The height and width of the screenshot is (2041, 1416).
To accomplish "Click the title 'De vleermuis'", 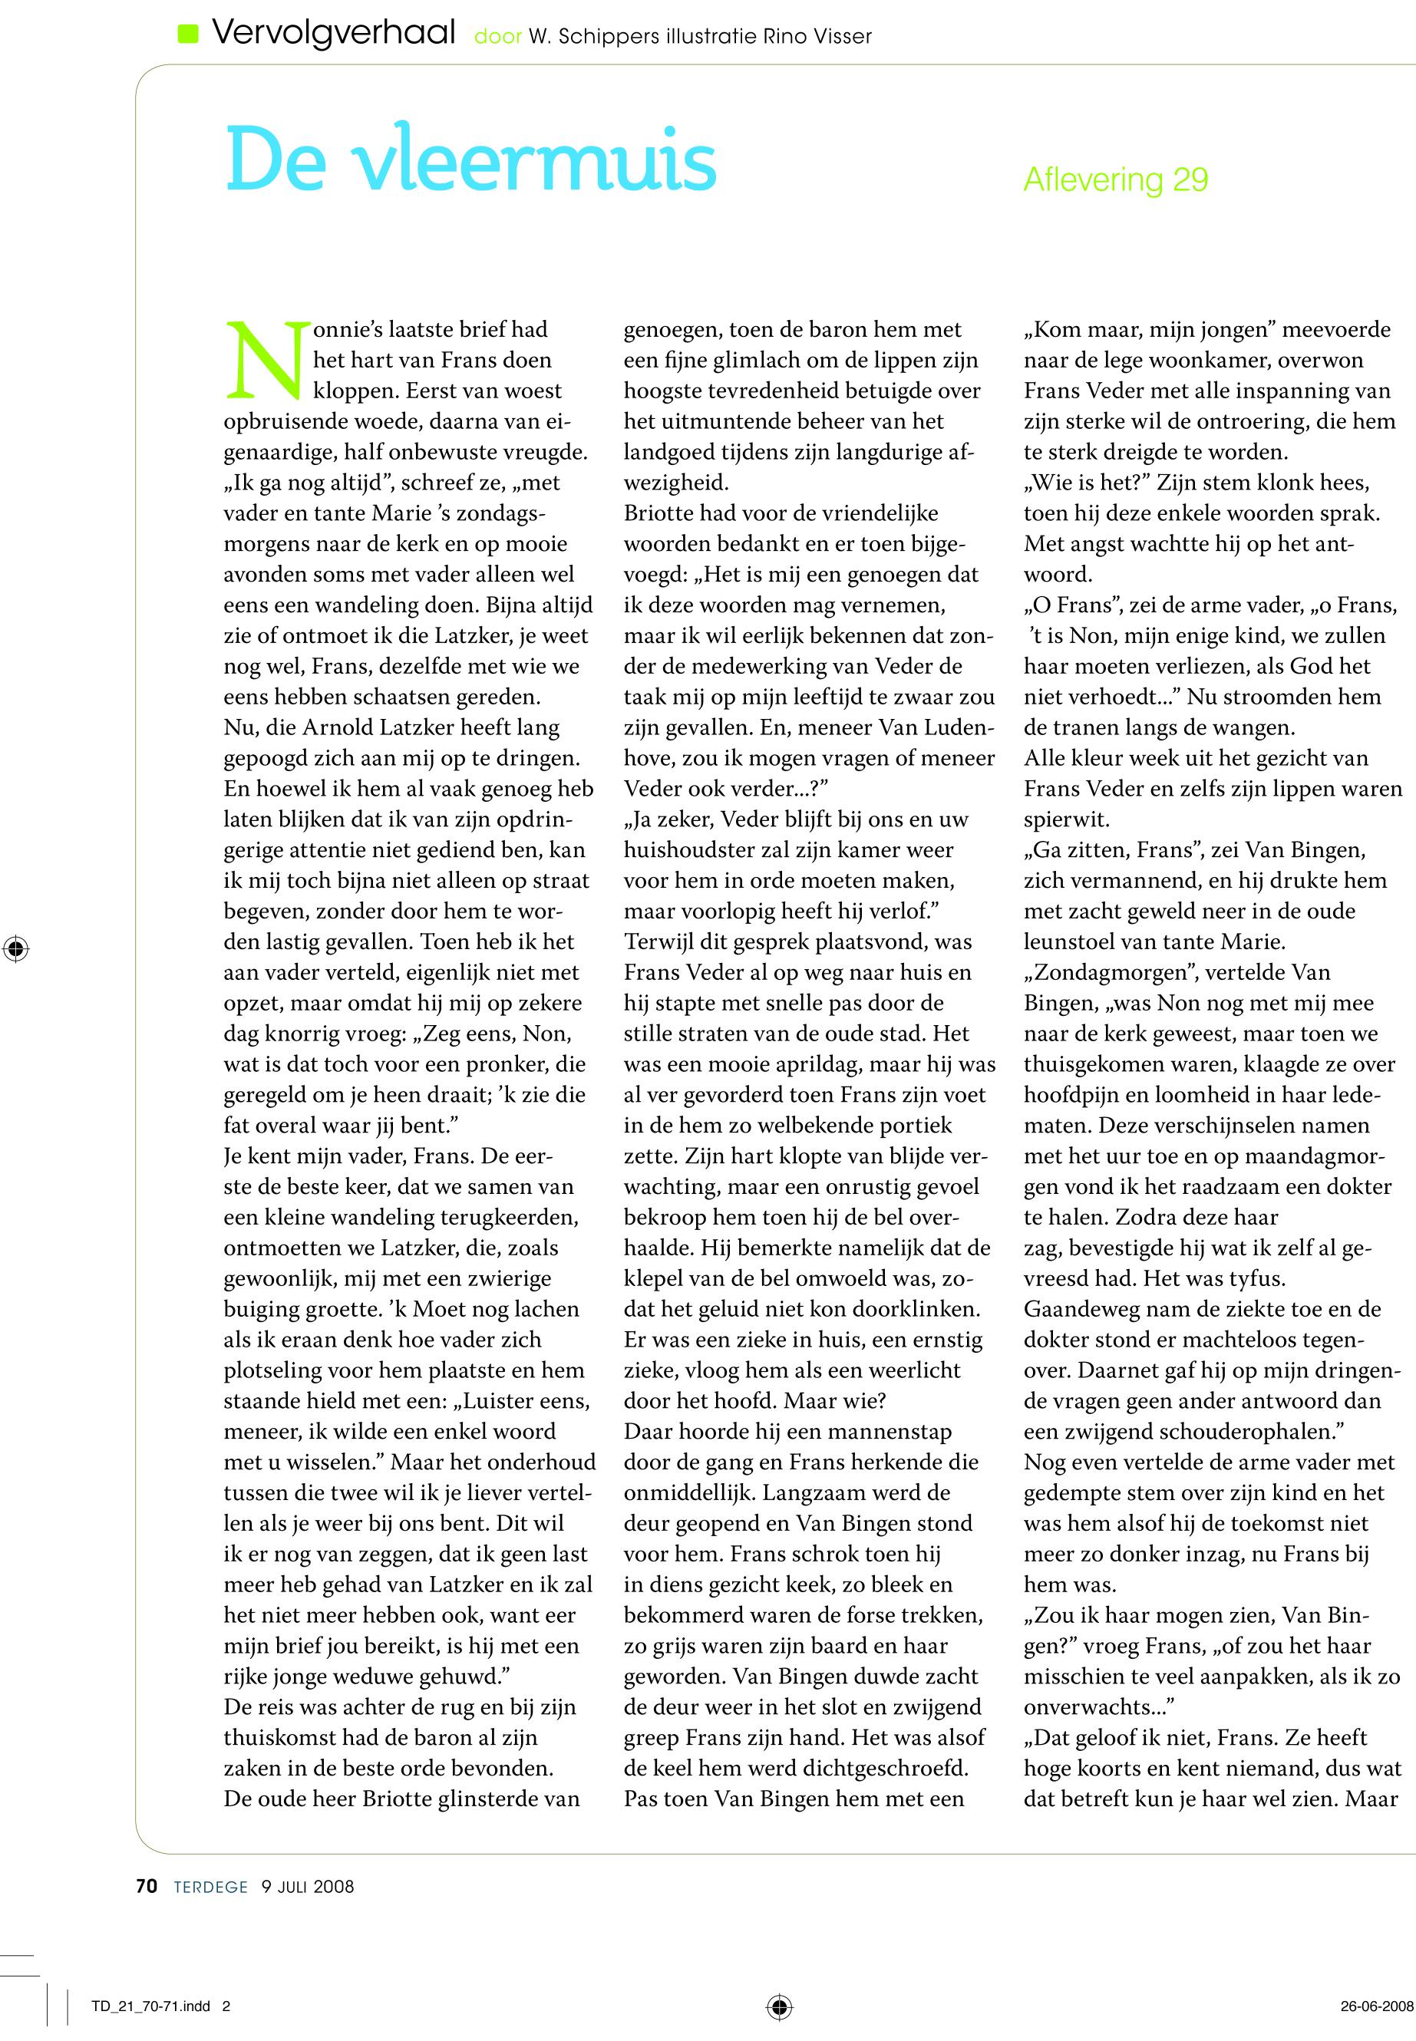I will click(470, 160).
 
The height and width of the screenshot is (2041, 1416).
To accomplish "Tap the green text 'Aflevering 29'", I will click(1115, 180).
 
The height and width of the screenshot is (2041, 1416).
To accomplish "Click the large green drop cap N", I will click(264, 360).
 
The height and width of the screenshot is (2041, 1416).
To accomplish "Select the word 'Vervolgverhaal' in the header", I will click(334, 35).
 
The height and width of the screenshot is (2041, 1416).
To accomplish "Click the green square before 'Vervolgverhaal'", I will click(188, 35).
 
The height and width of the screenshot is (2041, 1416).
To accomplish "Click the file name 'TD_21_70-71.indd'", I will click(151, 2007).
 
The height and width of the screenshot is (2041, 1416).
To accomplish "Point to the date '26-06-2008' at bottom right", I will click(1376, 2007).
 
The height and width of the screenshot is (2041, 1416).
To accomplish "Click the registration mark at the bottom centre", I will click(778, 2006).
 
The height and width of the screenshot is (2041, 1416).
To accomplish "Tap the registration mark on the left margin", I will click(15, 949).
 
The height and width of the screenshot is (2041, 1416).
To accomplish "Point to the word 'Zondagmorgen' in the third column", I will click(1105, 973).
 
